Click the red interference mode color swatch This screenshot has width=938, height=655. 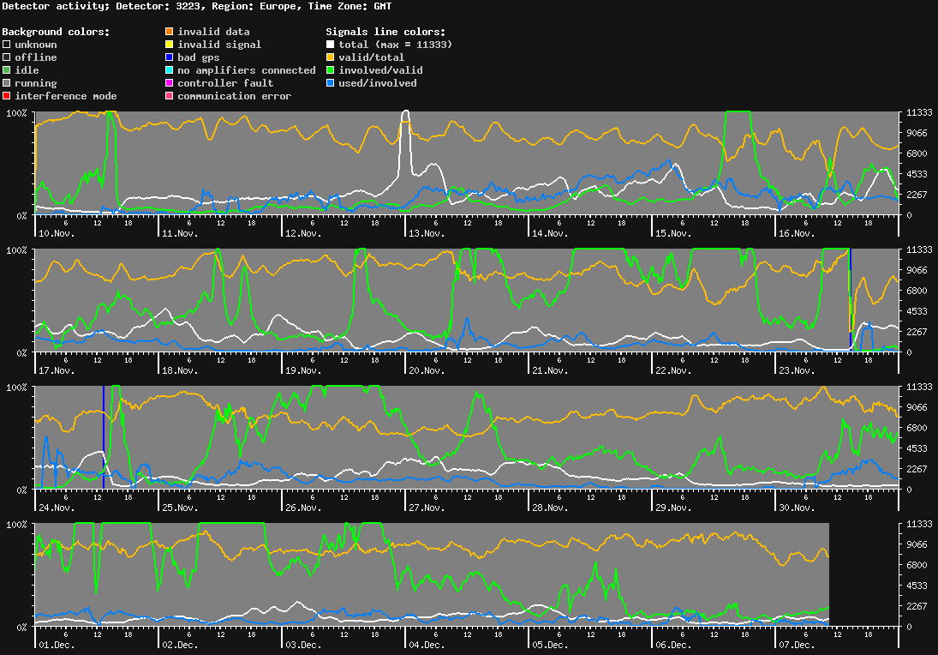(x=7, y=96)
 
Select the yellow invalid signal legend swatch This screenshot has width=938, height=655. (x=170, y=45)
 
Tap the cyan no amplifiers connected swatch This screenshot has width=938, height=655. (x=170, y=70)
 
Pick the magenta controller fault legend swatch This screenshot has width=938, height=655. (x=170, y=83)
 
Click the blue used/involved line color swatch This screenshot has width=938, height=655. (x=331, y=83)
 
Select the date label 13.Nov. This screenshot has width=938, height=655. (x=426, y=233)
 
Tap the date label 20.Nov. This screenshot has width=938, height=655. (x=426, y=370)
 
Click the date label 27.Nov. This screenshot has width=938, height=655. (x=426, y=508)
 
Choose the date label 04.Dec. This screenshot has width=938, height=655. (x=426, y=645)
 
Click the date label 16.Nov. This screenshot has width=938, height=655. (x=795, y=233)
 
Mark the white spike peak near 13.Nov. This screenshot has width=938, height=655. (x=405, y=111)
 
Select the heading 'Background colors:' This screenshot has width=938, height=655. (x=56, y=32)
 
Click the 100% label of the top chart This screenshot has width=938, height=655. (x=17, y=113)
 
